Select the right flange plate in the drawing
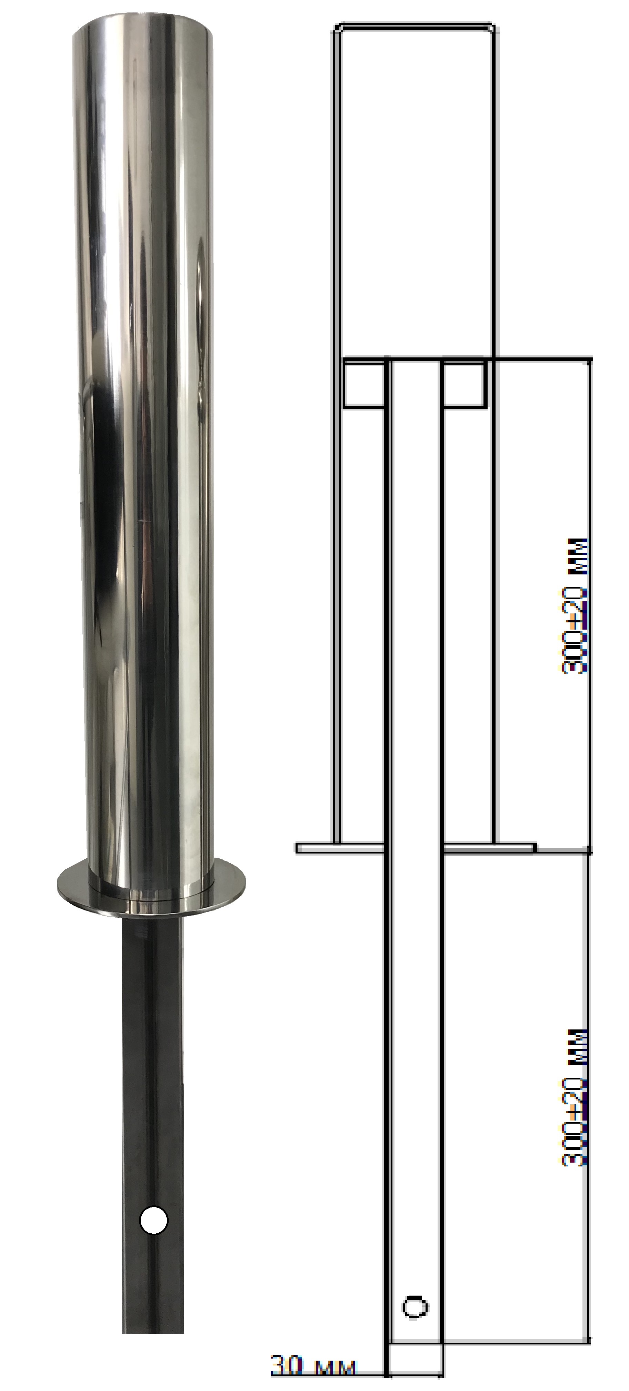(489, 848)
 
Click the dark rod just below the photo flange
(152, 950)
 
